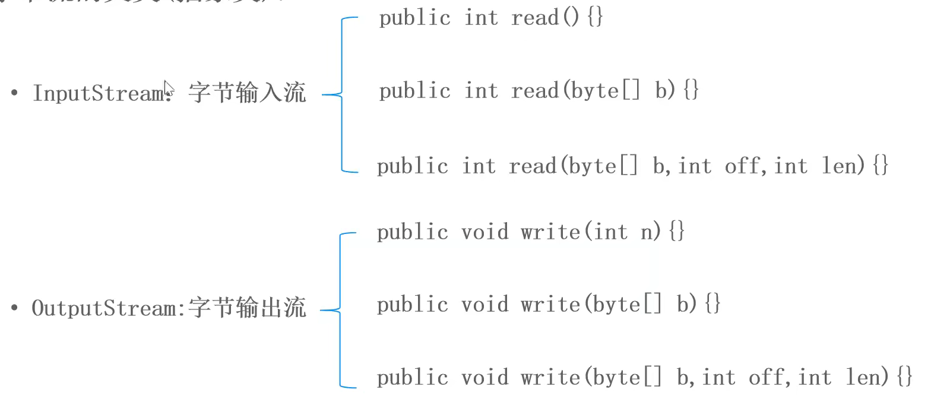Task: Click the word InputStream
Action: click(98, 93)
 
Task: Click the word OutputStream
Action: click(104, 309)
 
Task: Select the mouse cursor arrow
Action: click(169, 88)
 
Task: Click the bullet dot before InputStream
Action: click(14, 94)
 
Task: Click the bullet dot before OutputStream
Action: click(14, 309)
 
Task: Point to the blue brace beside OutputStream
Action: click(340, 309)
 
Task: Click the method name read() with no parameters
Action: click(544, 18)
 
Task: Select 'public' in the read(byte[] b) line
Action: click(414, 91)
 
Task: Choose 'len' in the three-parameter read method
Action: click(842, 166)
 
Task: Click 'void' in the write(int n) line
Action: click(485, 232)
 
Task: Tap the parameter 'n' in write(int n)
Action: click(647, 232)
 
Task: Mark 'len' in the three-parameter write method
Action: click(866, 378)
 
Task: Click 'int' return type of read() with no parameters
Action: click(481, 18)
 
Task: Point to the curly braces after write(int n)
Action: click(676, 232)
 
